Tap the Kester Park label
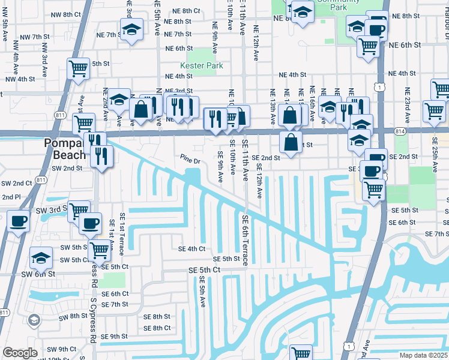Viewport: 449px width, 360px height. pos(201,65)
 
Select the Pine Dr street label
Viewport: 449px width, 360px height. pos(190,160)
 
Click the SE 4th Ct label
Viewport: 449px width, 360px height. pos(191,248)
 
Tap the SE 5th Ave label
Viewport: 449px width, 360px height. pos(202,294)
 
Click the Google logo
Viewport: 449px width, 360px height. pos(20,353)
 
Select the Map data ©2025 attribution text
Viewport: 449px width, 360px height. pos(423,355)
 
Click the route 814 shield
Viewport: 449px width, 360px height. pos(400,130)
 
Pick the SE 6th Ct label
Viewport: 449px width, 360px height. pos(115,294)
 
